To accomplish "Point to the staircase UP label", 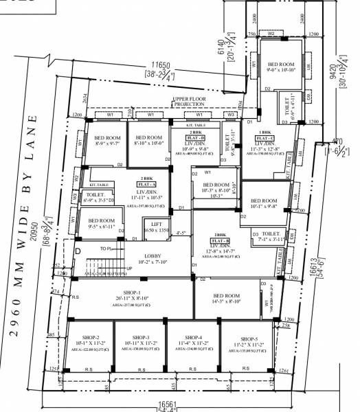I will point(128,269).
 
